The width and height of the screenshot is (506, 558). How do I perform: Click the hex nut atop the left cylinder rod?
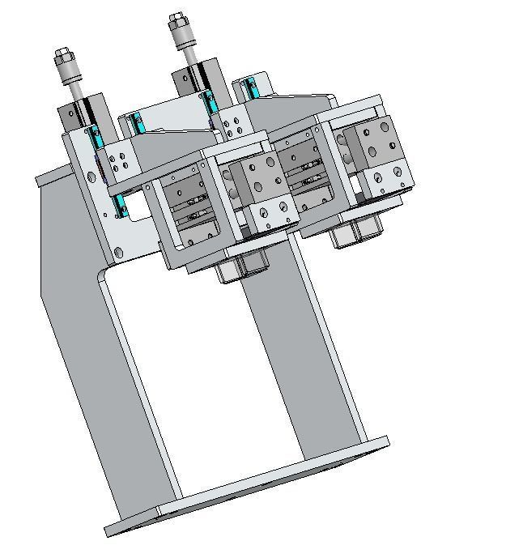(x=64, y=58)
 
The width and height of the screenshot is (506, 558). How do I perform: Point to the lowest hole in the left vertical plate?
(x=119, y=253)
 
